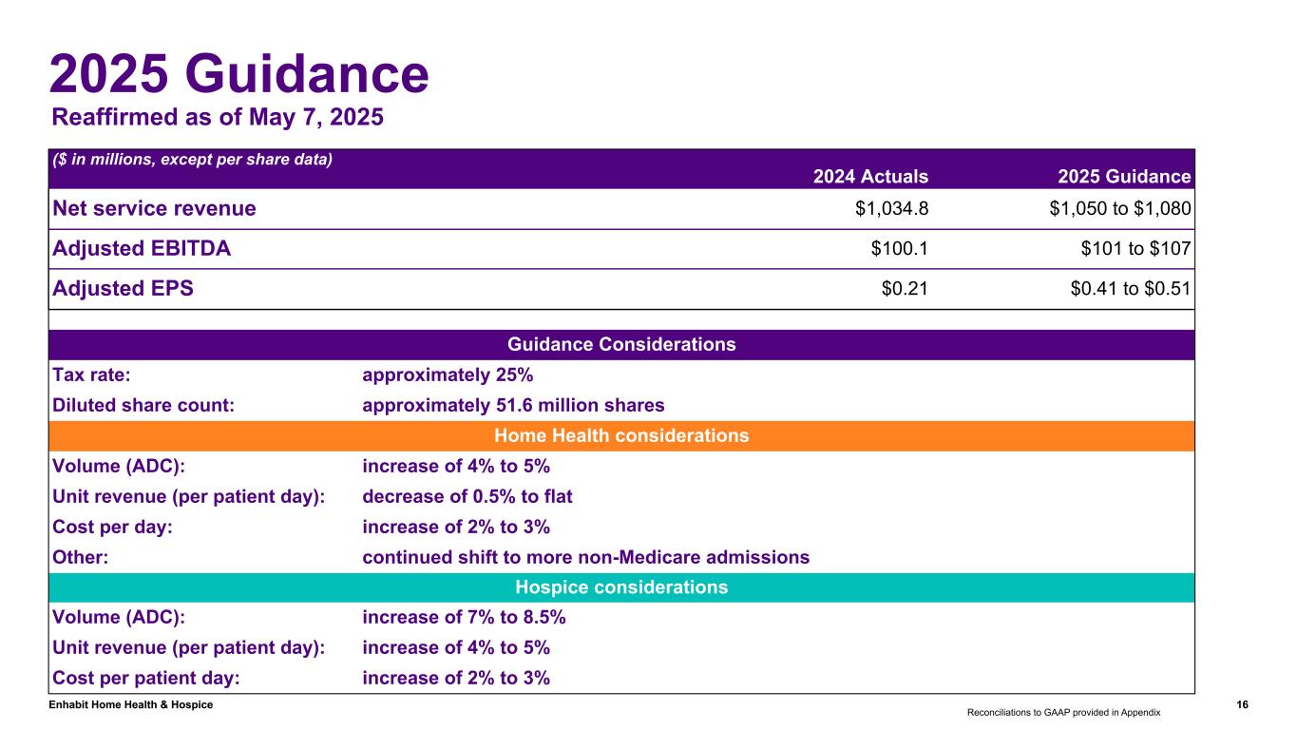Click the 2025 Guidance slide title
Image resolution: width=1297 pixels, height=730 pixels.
tap(238, 73)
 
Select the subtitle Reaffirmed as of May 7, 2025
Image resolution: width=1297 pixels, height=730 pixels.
tap(217, 118)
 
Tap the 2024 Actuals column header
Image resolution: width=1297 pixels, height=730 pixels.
tap(870, 176)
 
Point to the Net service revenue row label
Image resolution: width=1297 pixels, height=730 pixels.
tap(154, 208)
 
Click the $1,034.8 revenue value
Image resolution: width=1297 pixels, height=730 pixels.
tap(891, 208)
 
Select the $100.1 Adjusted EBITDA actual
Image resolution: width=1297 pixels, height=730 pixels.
tap(899, 249)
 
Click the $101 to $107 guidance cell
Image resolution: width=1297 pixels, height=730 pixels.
tap(1135, 249)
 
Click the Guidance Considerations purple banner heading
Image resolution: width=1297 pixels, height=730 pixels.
tap(621, 344)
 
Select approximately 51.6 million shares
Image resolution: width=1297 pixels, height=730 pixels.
tap(513, 405)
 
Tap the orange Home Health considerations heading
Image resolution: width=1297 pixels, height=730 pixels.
tap(621, 435)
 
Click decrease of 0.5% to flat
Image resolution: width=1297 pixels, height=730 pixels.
tap(467, 496)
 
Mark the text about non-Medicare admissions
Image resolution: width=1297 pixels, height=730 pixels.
tap(586, 557)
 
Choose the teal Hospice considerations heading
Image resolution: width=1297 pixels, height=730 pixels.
tap(621, 587)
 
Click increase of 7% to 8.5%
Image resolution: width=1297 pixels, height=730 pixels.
tap(464, 618)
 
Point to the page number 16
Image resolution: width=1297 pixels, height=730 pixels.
tap(1242, 704)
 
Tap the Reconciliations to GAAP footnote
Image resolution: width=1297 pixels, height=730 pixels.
tap(1063, 711)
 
